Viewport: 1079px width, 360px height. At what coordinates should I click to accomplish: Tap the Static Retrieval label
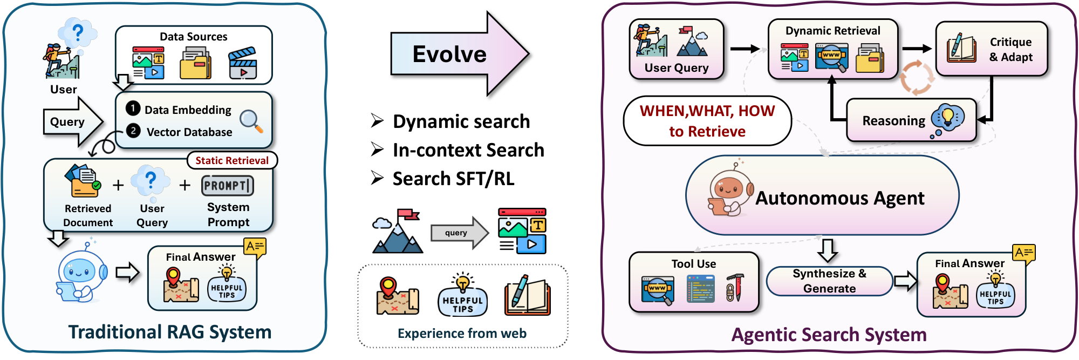[x=232, y=160]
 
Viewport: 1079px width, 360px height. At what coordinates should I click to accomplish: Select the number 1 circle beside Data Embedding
[x=133, y=108]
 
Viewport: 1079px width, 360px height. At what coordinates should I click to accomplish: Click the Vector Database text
[x=189, y=132]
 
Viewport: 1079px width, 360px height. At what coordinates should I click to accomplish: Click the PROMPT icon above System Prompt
[x=227, y=186]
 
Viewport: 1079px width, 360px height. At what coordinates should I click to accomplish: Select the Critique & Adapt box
[x=991, y=49]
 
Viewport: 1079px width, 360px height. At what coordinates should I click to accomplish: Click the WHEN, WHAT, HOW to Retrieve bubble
[x=707, y=121]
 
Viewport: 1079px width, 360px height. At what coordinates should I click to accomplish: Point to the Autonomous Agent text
[x=839, y=199]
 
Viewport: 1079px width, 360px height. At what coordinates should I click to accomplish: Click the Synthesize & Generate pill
[x=829, y=281]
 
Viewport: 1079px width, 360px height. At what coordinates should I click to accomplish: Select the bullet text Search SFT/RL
[x=453, y=179]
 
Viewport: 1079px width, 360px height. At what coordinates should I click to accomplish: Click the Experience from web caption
[x=462, y=334]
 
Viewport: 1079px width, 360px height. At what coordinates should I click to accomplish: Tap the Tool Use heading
[x=693, y=264]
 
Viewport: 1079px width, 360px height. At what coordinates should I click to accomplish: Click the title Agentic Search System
[x=829, y=335]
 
